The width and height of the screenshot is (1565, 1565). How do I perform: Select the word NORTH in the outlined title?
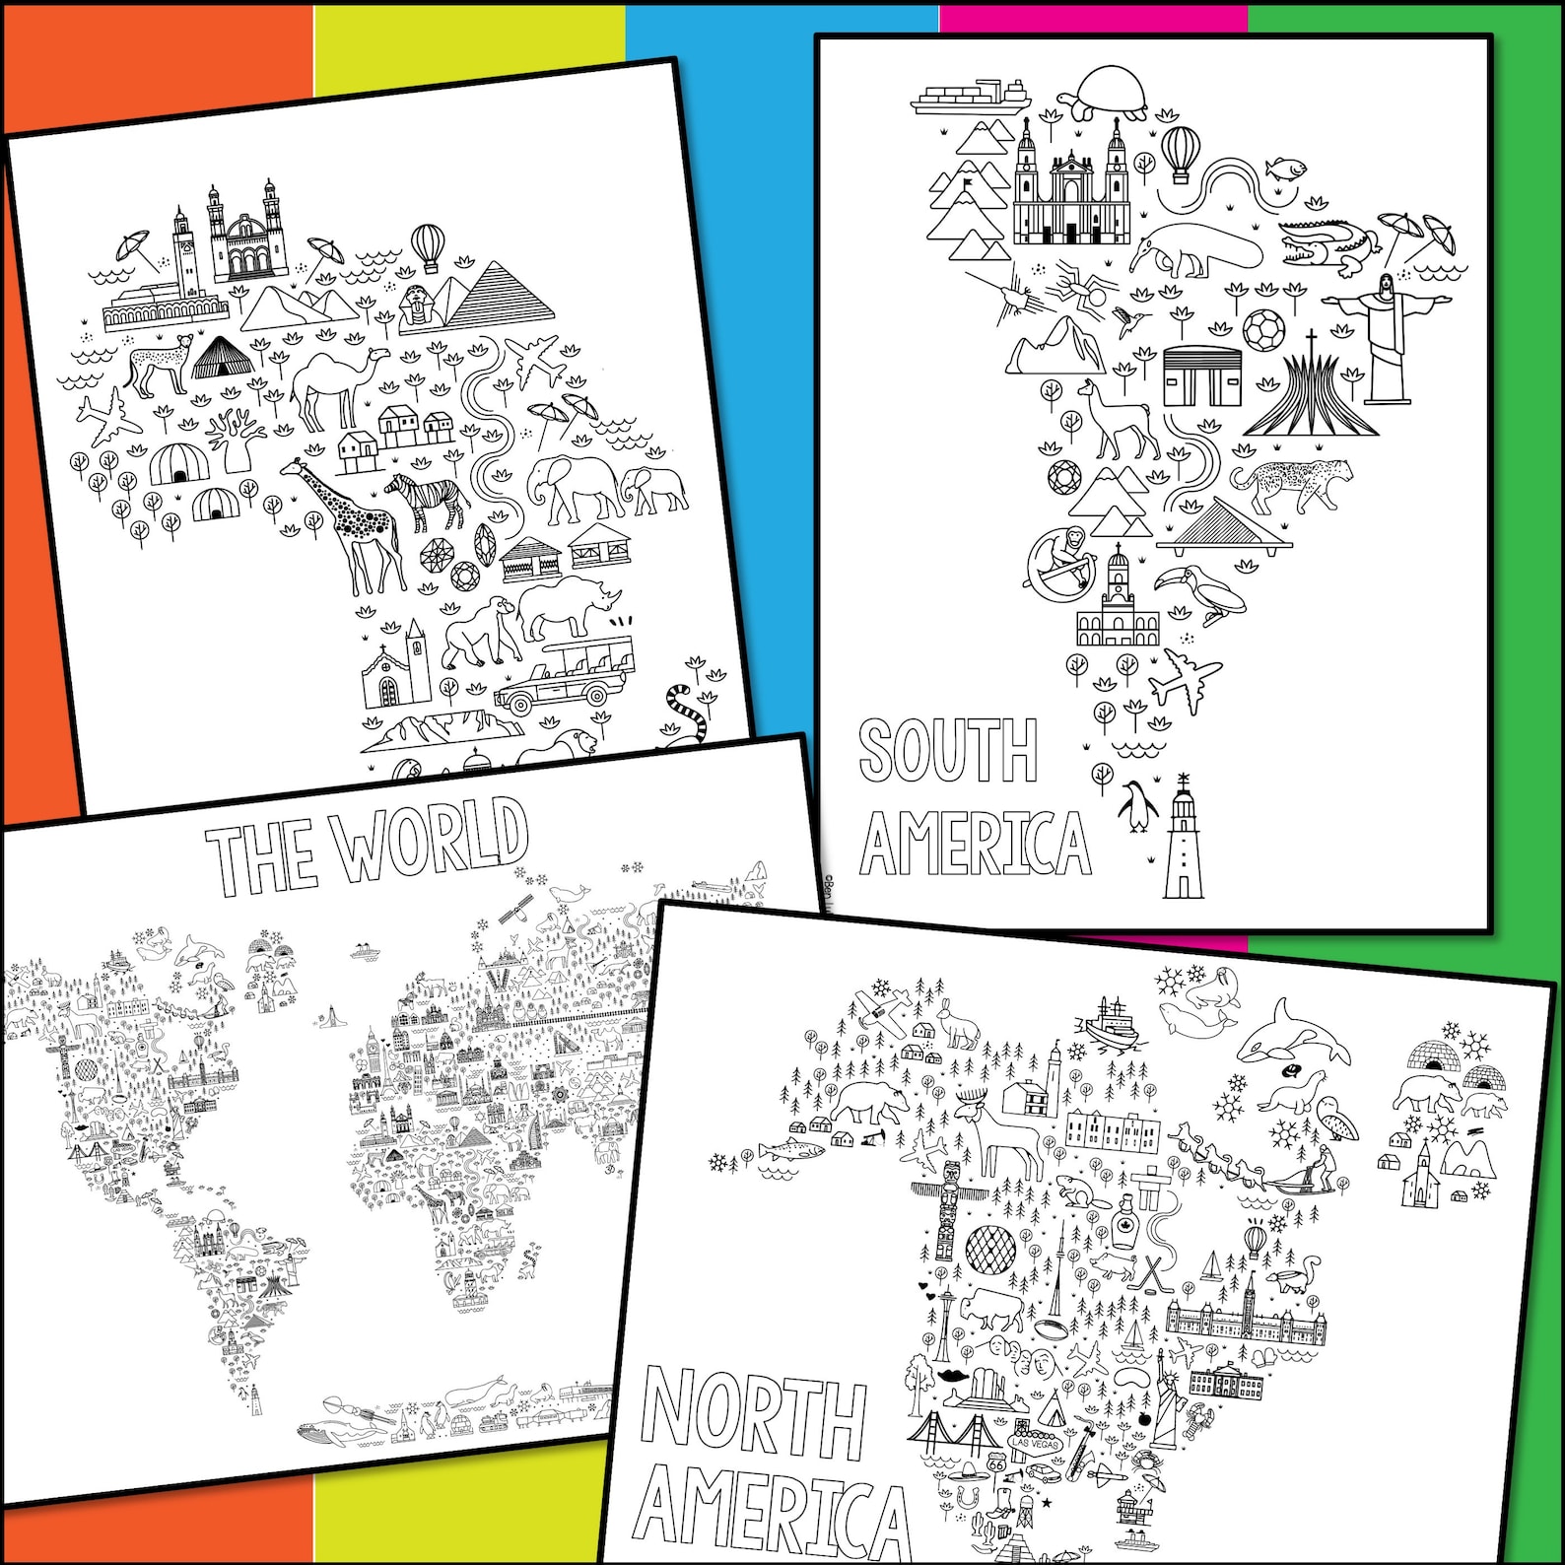754,1415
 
